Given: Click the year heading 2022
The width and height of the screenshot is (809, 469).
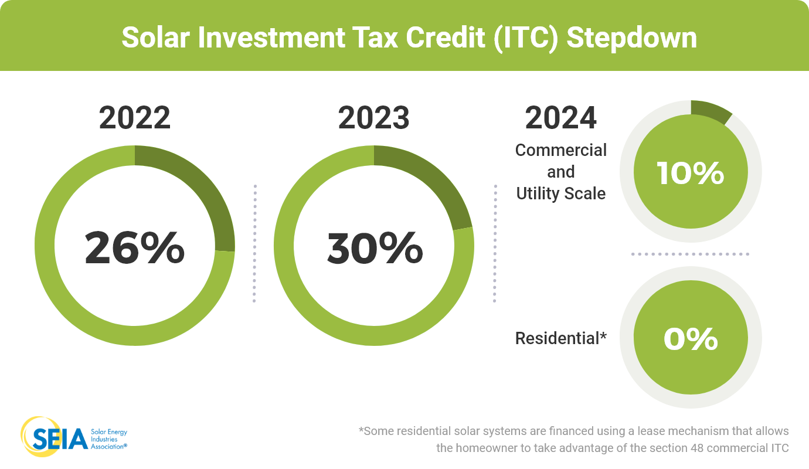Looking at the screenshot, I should [x=135, y=118].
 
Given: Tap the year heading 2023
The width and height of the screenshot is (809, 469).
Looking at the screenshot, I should [x=373, y=118].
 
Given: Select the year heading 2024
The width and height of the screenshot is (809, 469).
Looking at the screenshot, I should [x=561, y=118].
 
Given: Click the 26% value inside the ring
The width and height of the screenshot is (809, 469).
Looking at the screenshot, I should [x=135, y=249].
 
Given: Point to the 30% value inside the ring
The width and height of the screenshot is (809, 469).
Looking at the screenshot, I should [x=375, y=249].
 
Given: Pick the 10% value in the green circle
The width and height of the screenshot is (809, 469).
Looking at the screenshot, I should [x=691, y=174].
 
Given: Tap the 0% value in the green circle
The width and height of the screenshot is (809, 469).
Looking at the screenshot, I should [x=691, y=339].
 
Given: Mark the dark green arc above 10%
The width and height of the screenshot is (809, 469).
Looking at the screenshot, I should [x=711, y=111].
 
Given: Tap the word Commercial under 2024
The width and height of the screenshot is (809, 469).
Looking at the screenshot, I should [x=561, y=150].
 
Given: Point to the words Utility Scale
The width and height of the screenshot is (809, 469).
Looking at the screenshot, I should [x=561, y=193].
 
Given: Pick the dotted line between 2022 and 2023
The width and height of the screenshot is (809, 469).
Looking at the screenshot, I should [x=255, y=243].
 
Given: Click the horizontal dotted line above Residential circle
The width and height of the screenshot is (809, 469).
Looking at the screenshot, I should [x=691, y=254].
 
